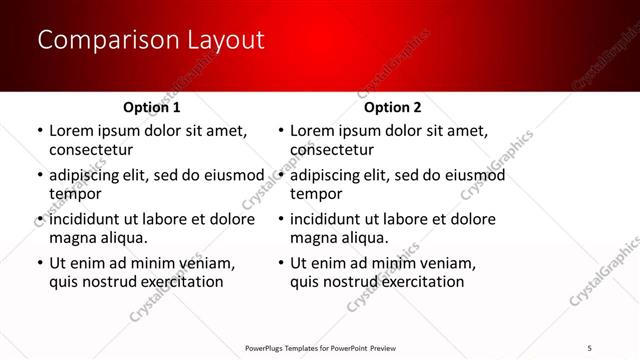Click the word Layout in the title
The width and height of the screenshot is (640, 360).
[x=225, y=40]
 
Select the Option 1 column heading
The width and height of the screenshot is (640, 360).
[x=152, y=107]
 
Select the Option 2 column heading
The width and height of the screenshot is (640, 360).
[x=393, y=107]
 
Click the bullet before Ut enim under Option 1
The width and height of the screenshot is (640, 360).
[x=38, y=263]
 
